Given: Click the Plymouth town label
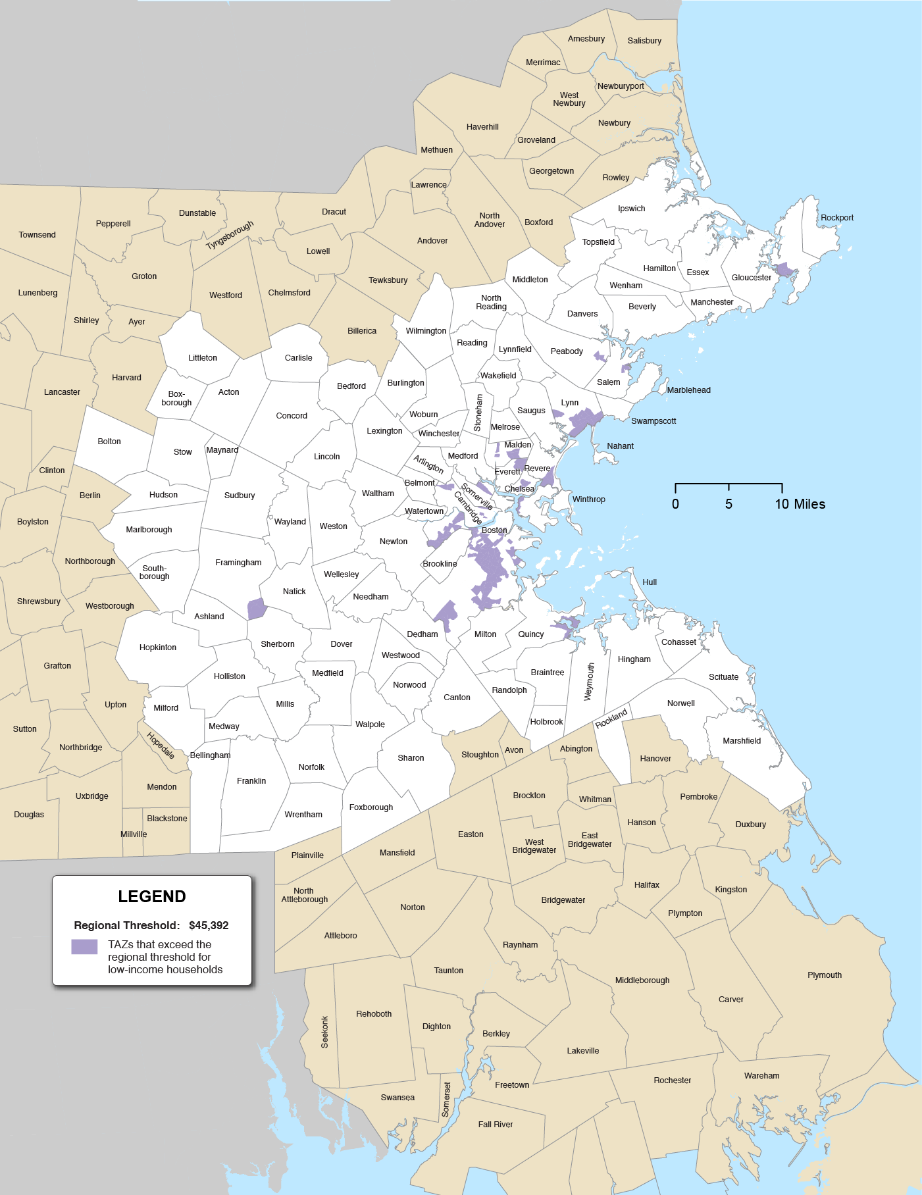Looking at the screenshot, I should pyautogui.click(x=824, y=975).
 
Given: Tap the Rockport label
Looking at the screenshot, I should pyautogui.click(x=836, y=218).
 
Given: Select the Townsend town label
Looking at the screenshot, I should pyautogui.click(x=37, y=235).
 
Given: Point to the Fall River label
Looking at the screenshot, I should pyautogui.click(x=495, y=1124).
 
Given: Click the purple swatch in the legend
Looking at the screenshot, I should pyautogui.click(x=84, y=946).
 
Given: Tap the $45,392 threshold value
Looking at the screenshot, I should pyautogui.click(x=209, y=925).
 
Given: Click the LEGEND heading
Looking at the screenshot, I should pyautogui.click(x=151, y=896).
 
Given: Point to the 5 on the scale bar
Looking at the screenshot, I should pyautogui.click(x=729, y=504).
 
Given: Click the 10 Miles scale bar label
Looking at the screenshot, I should pyautogui.click(x=800, y=504).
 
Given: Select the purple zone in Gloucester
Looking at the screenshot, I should pyautogui.click(x=784, y=270).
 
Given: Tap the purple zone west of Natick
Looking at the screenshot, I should pyautogui.click(x=256, y=609).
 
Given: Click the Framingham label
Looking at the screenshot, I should pyautogui.click(x=238, y=563).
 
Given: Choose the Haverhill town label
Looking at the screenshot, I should pyautogui.click(x=482, y=127).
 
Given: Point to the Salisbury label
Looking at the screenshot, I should pyautogui.click(x=644, y=41).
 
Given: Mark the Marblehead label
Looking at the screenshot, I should pyautogui.click(x=688, y=390).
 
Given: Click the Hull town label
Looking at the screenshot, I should pyautogui.click(x=650, y=582).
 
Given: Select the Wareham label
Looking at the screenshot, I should pyautogui.click(x=761, y=1075).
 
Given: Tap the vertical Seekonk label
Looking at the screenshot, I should pyautogui.click(x=324, y=1032).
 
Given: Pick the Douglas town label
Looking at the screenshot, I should pyautogui.click(x=29, y=815).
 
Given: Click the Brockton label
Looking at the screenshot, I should pyautogui.click(x=529, y=796).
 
